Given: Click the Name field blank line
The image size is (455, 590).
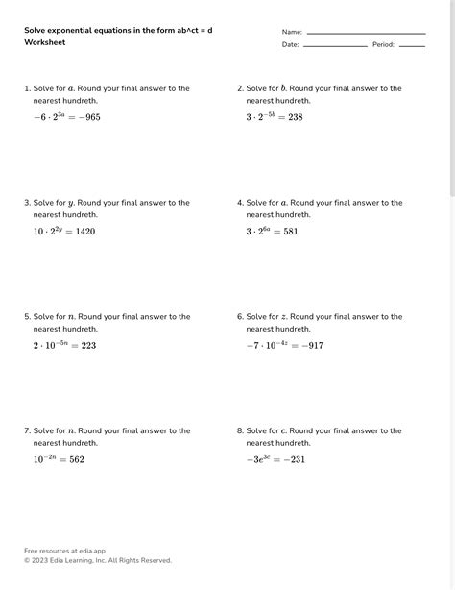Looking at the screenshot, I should (x=366, y=33).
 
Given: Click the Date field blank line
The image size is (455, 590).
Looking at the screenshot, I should (x=335, y=45).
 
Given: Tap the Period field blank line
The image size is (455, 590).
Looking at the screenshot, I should (x=412, y=45).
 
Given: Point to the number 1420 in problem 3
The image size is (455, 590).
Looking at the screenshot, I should (x=84, y=232).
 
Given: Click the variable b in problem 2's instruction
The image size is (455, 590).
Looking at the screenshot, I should (x=283, y=88).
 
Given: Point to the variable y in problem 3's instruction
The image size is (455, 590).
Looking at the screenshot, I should (x=71, y=204).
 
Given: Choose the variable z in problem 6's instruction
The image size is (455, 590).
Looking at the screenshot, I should (x=283, y=317).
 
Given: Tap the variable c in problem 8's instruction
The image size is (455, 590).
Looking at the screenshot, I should (x=283, y=431).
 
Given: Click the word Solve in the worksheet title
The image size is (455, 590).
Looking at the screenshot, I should (x=35, y=30).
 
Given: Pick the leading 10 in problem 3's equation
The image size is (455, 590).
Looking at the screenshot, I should (x=38, y=232).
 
